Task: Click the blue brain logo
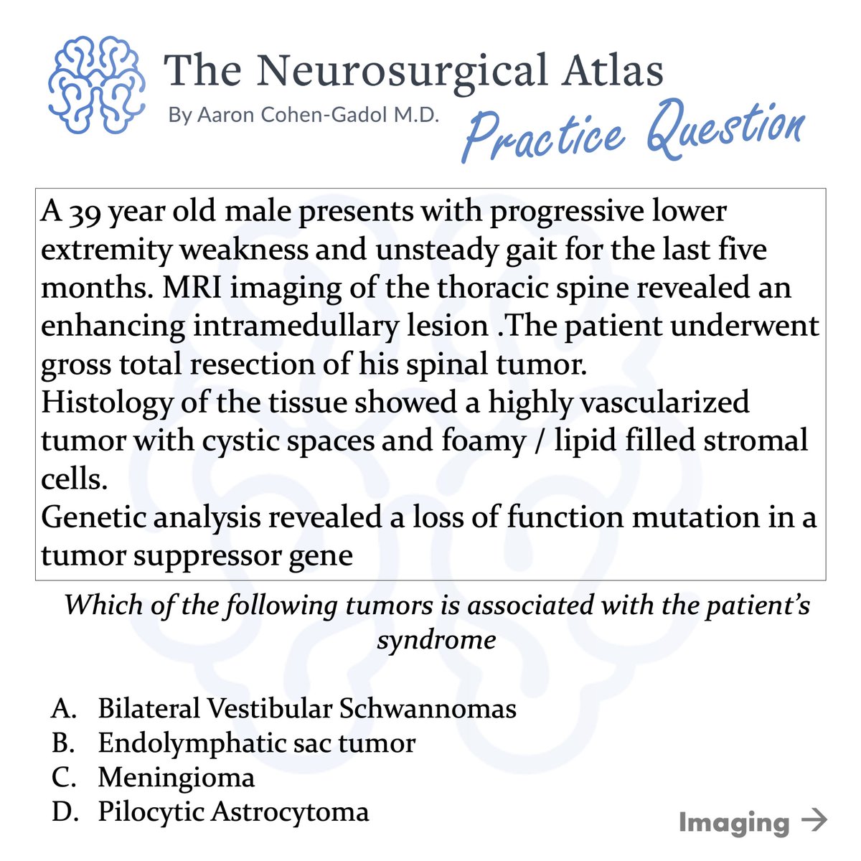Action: [97, 85]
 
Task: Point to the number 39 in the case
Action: [85, 212]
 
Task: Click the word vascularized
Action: [668, 403]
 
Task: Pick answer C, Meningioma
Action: [176, 778]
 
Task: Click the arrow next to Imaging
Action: [813, 820]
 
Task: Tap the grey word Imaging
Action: [734, 822]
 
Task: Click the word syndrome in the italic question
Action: [436, 640]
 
